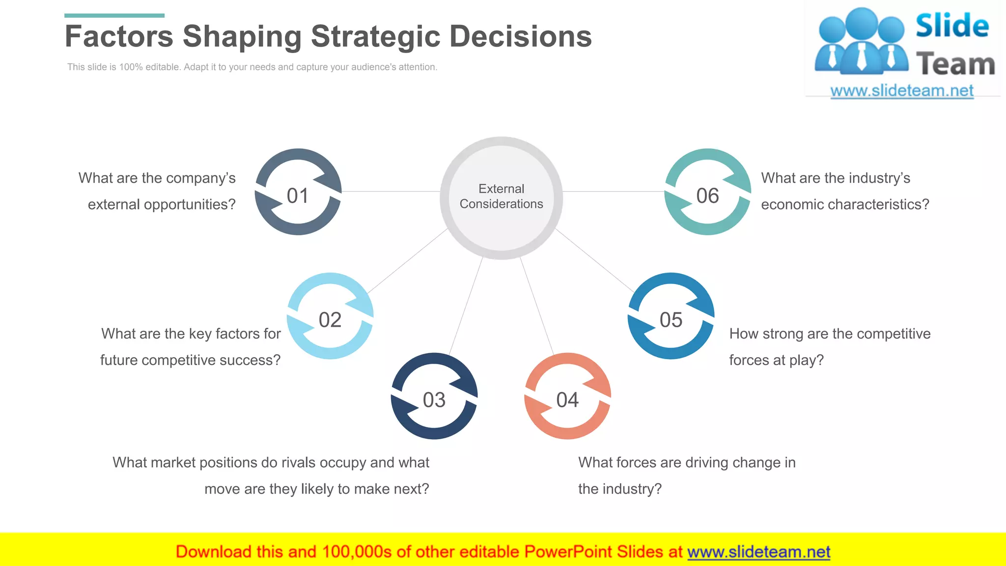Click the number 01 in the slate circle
[298, 196]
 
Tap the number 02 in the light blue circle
[330, 320]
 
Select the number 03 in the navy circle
[434, 400]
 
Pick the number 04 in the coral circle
[567, 400]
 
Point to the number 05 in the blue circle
[671, 320]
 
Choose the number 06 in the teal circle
[707, 196]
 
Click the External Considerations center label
[501, 197]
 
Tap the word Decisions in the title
[521, 36]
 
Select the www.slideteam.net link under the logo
[902, 91]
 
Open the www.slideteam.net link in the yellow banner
[758, 552]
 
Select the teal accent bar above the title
[114, 16]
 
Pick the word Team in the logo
[955, 64]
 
